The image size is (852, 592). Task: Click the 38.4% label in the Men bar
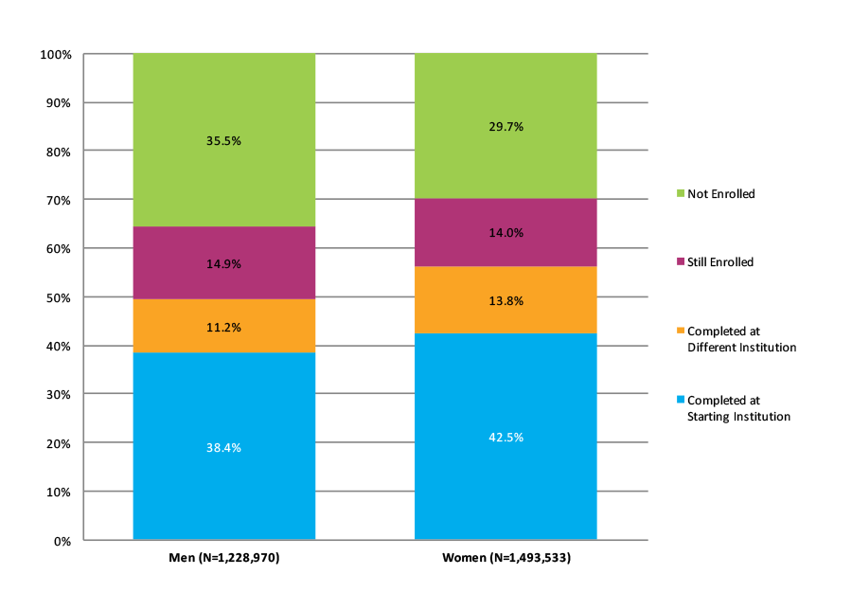(223, 447)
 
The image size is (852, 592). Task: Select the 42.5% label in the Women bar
(506, 438)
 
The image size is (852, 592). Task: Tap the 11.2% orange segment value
(223, 328)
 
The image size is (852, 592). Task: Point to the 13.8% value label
(506, 301)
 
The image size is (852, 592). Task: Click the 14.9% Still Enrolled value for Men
(223, 264)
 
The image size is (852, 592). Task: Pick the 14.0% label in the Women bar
(506, 233)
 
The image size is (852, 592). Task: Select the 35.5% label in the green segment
(223, 141)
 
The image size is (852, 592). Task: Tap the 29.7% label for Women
(506, 127)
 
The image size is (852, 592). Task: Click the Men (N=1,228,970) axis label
(223, 558)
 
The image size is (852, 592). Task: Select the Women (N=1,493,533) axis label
(506, 558)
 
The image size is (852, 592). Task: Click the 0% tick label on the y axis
(63, 541)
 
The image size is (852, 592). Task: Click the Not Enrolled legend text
(721, 194)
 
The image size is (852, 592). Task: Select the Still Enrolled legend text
(720, 262)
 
